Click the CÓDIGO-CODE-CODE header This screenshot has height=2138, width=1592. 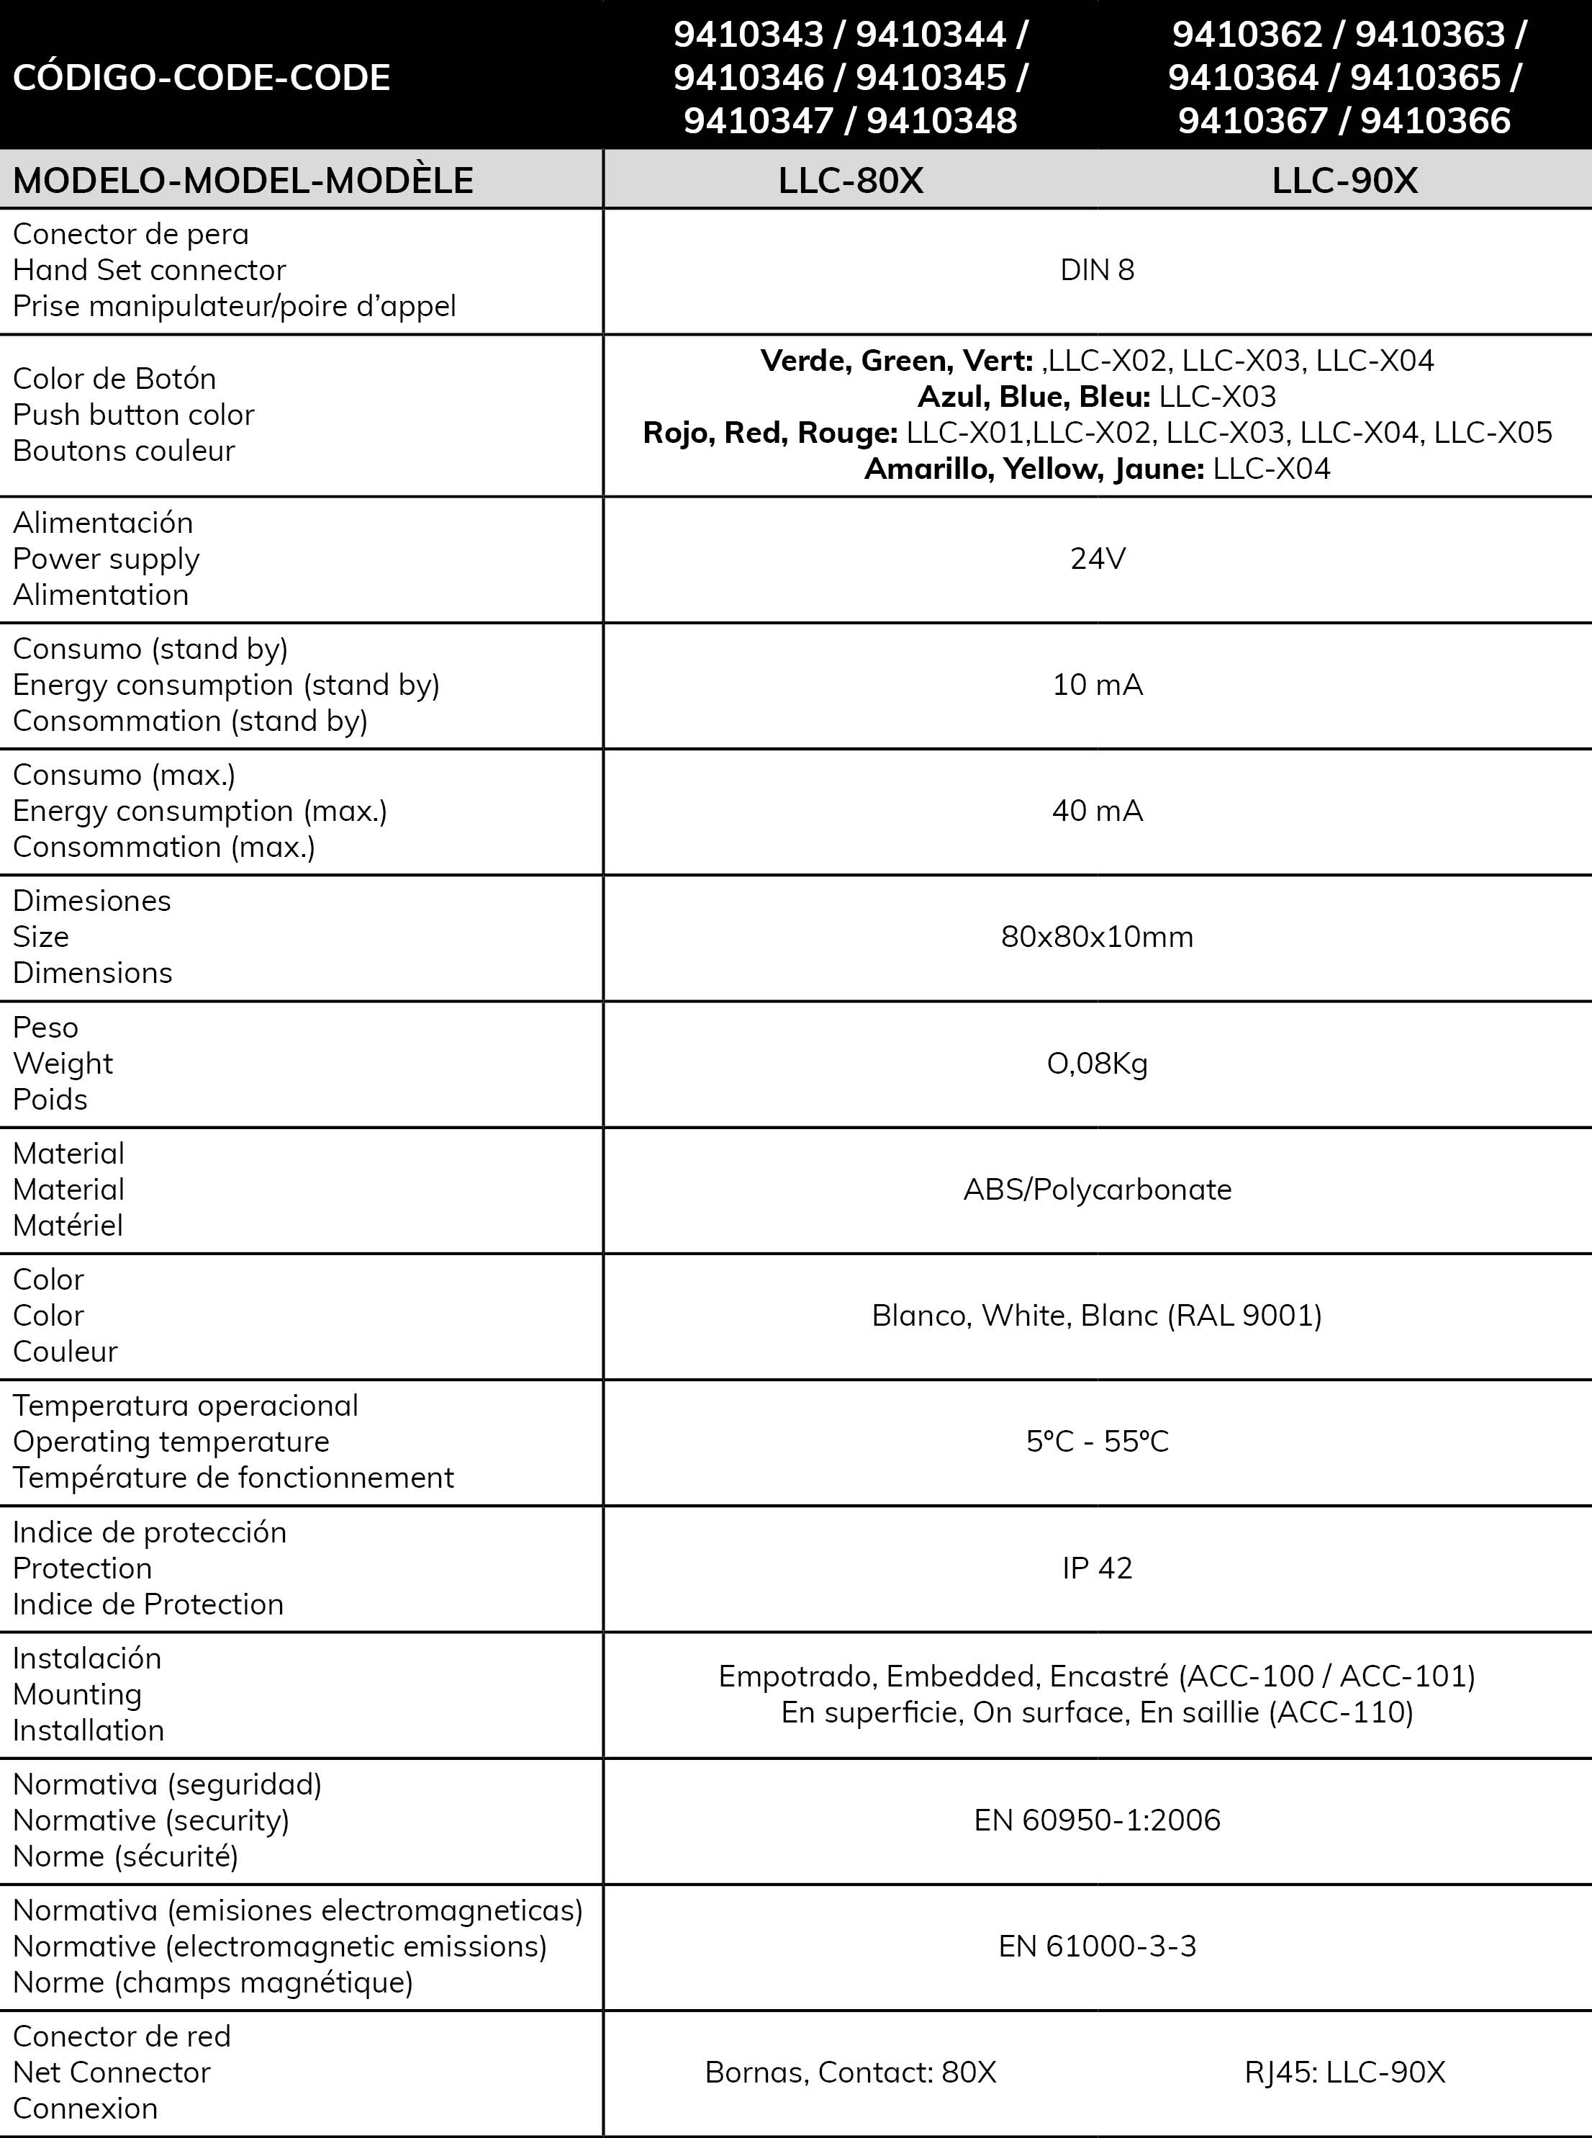202,77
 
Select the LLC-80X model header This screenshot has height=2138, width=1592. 850,180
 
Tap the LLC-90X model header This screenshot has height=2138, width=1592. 1344,180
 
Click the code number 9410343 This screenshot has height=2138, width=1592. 748,35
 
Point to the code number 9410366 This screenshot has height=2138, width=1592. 1435,120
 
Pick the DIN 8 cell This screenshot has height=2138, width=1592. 1097,270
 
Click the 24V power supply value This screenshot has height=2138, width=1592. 1097,559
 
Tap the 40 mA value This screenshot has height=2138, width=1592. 1097,811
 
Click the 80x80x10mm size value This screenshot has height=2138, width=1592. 1097,937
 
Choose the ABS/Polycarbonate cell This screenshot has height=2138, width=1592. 1097,1190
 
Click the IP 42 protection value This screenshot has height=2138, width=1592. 1097,1568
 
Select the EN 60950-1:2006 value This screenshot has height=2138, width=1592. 1097,1820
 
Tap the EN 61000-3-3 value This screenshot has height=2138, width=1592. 1097,1946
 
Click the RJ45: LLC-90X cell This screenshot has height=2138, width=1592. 1344,2072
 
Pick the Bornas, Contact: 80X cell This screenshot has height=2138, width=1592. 850,2072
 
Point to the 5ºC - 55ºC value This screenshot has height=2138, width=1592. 1097,1442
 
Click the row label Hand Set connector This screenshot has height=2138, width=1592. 150,270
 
